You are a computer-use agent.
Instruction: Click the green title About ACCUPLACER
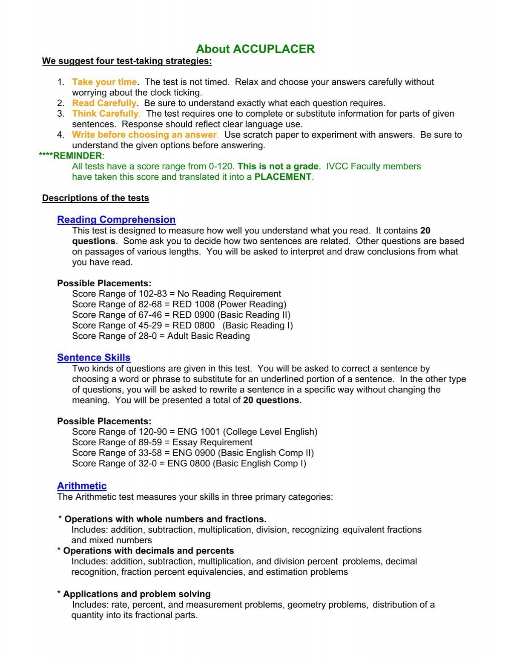(255, 49)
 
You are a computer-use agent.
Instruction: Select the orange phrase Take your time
(104, 82)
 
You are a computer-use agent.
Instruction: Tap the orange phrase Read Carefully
(104, 103)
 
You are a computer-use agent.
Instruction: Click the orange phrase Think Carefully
(105, 114)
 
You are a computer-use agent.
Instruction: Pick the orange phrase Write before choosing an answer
(145, 135)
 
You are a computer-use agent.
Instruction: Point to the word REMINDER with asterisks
(71, 156)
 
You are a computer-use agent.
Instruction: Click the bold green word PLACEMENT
(283, 177)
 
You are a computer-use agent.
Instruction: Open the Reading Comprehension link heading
(116, 219)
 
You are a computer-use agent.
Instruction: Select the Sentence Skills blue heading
(94, 357)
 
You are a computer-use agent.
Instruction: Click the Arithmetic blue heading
(82, 486)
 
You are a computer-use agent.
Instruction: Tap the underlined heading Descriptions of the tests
(95, 198)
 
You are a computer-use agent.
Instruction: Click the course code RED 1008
(196, 304)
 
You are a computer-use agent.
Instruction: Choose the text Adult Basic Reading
(209, 336)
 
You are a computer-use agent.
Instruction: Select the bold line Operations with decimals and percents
(148, 550)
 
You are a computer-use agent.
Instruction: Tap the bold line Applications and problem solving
(137, 594)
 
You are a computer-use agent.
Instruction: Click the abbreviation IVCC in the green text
(338, 166)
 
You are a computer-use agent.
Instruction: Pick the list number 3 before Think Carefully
(60, 114)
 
